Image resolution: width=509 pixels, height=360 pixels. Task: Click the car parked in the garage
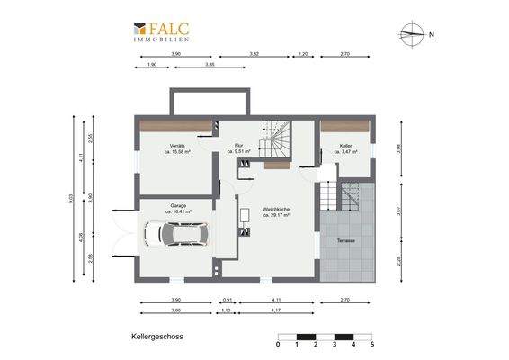182,235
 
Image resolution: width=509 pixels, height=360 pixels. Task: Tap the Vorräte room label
176,146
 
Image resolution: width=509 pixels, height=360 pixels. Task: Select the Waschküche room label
276,211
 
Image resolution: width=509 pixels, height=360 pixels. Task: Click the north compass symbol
414,34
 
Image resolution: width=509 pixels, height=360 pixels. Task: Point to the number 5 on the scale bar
371,345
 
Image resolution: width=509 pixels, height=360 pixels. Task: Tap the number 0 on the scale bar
279,345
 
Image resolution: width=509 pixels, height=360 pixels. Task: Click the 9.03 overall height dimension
70,202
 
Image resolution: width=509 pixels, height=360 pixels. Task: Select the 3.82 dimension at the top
254,55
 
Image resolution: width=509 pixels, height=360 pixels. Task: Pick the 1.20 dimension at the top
303,55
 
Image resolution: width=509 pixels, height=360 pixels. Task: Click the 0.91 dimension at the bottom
228,300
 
